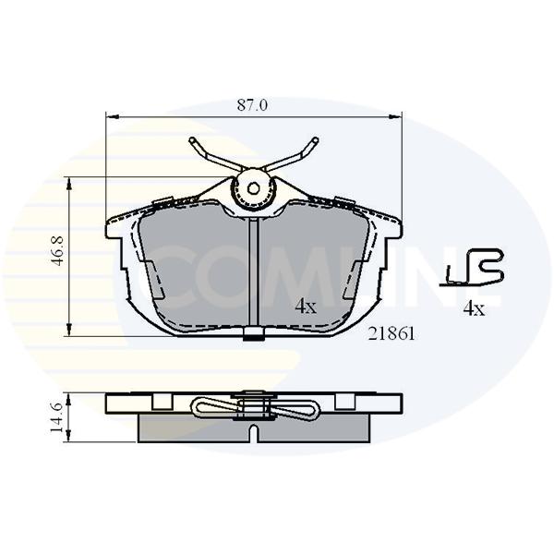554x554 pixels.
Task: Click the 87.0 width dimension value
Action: point(252,105)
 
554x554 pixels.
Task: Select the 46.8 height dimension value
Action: point(57,251)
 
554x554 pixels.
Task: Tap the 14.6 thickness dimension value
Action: point(57,417)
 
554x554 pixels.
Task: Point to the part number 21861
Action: point(391,334)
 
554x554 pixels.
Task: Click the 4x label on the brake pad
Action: point(306,307)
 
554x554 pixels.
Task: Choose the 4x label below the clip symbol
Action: point(475,309)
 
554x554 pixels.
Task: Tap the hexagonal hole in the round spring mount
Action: point(253,188)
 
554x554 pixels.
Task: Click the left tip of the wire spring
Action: point(192,140)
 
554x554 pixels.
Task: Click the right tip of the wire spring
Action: point(316,140)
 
